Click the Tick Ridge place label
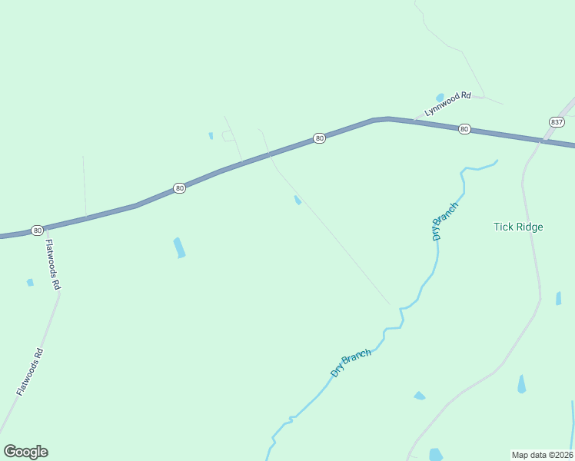pyautogui.click(x=518, y=227)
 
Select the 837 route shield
pyautogui.click(x=557, y=122)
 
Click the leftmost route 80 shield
pyautogui.click(x=37, y=230)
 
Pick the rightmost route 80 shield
pyautogui.click(x=464, y=129)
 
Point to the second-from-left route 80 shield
pyautogui.click(x=179, y=188)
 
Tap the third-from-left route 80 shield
pyautogui.click(x=320, y=138)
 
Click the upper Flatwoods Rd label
pyautogui.click(x=52, y=264)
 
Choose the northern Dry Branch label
pyautogui.click(x=446, y=221)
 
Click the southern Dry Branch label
pyautogui.click(x=351, y=363)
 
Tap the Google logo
pyautogui.click(x=25, y=452)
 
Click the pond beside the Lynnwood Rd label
pyautogui.click(x=440, y=98)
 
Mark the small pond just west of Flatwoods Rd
pyautogui.click(x=30, y=283)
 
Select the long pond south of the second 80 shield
pyautogui.click(x=179, y=247)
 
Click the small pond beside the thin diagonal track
pyautogui.click(x=297, y=201)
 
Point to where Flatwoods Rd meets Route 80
pyautogui.click(x=45, y=229)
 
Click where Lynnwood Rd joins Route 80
pyautogui.click(x=415, y=121)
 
